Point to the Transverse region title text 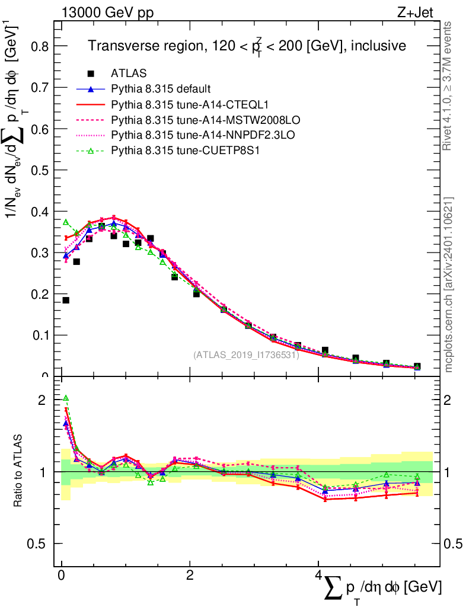point(247,46)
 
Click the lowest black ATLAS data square point(66,300)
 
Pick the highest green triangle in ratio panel point(66,398)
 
